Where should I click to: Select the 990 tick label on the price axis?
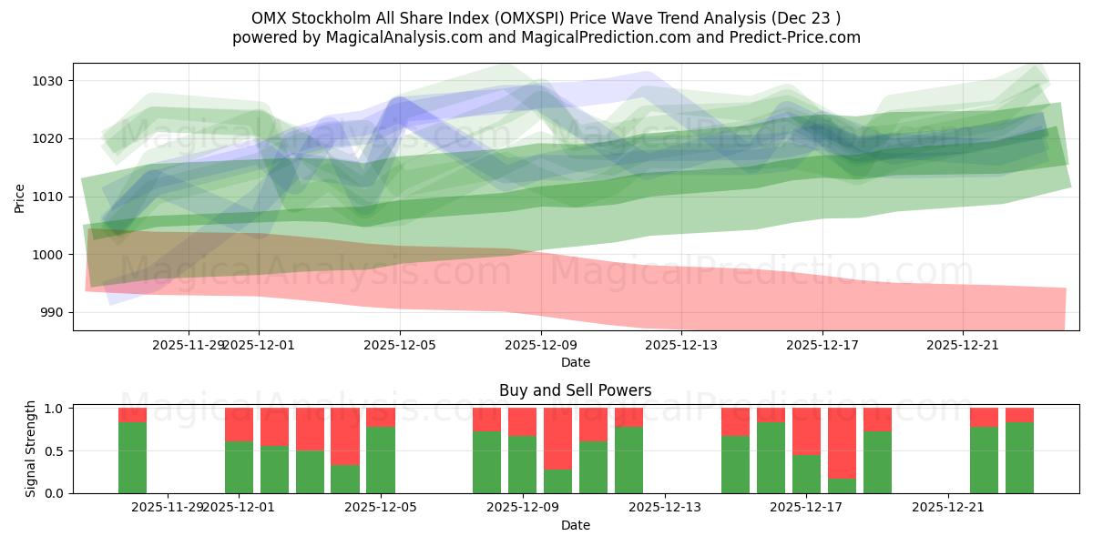click(53, 312)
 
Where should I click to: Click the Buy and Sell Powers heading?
click(575, 390)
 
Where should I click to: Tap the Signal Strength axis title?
click(31, 450)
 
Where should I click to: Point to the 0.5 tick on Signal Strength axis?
click(54, 450)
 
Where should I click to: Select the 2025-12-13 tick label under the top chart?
click(681, 345)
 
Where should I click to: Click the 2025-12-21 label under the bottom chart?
click(949, 507)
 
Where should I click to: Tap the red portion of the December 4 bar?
click(345, 437)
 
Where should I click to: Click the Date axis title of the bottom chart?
click(575, 525)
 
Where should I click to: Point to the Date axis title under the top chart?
click(575, 362)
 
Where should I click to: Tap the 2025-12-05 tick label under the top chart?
click(400, 345)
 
